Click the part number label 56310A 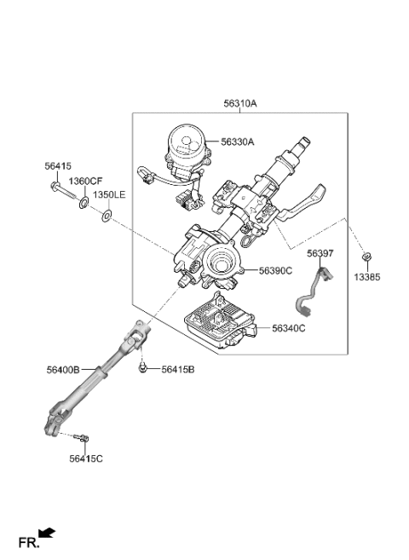coord(240,104)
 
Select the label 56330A coord(238,143)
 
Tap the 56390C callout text coord(275,270)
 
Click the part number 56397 coord(319,254)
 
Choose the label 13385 coord(367,278)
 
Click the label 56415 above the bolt coord(58,167)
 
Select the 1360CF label coord(85,181)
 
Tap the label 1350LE coord(109,195)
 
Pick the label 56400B coord(64,369)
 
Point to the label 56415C coord(86,459)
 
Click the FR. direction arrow coord(48,533)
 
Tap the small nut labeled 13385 coord(366,257)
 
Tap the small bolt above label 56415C coord(83,439)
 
